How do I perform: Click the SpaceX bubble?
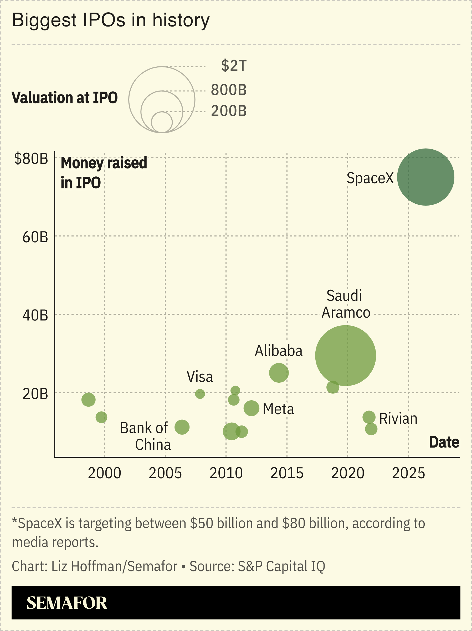click(x=425, y=177)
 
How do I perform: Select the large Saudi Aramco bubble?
click(x=346, y=355)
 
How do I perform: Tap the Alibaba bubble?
click(x=279, y=372)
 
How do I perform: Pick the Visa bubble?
click(x=200, y=394)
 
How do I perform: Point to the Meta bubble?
click(x=251, y=408)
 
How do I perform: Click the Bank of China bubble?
click(x=182, y=427)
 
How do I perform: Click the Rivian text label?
click(x=398, y=418)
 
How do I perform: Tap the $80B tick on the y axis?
click(x=31, y=159)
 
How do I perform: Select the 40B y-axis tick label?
click(x=35, y=315)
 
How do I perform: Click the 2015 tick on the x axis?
click(x=287, y=473)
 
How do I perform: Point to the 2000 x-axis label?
click(x=105, y=473)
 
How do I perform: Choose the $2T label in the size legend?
click(x=234, y=66)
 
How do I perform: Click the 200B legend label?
click(x=228, y=111)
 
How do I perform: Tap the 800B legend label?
click(x=228, y=90)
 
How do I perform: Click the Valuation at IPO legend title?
click(x=65, y=98)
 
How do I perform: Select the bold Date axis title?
click(x=444, y=442)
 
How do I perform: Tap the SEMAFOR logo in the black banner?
click(x=67, y=603)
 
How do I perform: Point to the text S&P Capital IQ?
click(x=281, y=566)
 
